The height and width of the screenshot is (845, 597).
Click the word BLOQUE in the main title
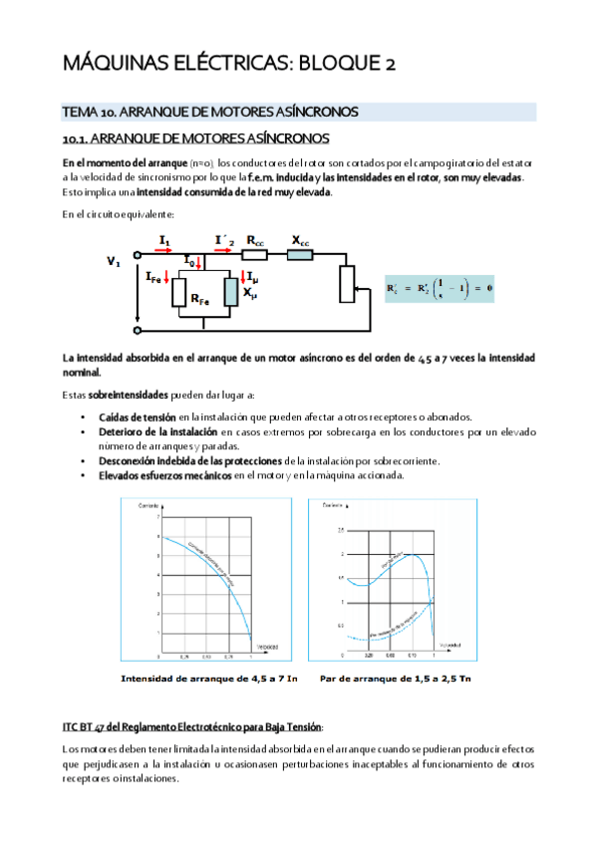click(x=321, y=65)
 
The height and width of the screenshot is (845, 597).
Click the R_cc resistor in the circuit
click(x=255, y=254)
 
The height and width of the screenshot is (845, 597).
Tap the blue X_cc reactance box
click(x=299, y=254)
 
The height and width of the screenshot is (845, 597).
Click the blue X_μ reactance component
click(x=231, y=292)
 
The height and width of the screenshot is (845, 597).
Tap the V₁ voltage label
click(x=114, y=262)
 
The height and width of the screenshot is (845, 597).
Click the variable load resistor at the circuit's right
click(x=346, y=285)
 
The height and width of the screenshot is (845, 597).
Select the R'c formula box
click(x=440, y=290)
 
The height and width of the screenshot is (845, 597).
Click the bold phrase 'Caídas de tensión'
click(x=138, y=416)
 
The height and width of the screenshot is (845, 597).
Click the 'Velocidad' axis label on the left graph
click(x=267, y=647)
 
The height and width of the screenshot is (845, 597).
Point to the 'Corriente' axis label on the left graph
click(x=135, y=509)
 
